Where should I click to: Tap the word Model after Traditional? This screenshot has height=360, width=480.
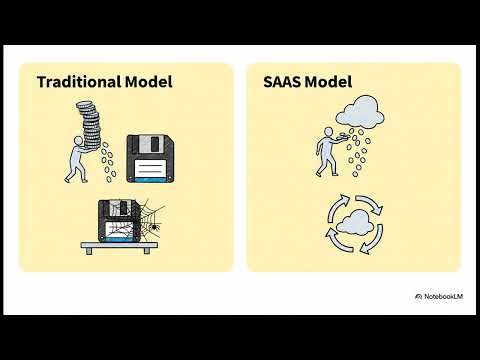point(146,82)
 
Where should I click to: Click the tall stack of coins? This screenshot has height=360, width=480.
point(89,121)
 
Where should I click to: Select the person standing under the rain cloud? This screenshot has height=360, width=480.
point(329,154)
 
